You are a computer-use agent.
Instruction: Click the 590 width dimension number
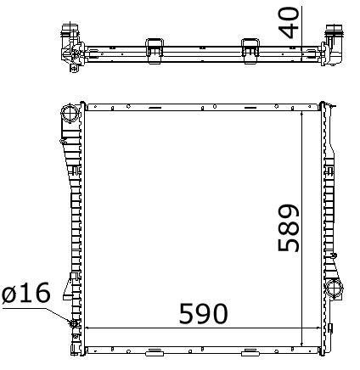click(x=203, y=313)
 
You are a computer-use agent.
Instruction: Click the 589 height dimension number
click(x=289, y=227)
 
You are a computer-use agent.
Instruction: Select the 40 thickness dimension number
click(x=289, y=23)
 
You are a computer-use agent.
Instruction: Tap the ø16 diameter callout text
click(x=26, y=293)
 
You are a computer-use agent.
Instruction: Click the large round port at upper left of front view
click(x=69, y=114)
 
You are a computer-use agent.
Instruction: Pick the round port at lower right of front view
click(x=334, y=288)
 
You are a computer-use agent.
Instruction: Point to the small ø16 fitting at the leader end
click(x=74, y=323)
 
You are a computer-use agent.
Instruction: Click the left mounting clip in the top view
click(x=155, y=51)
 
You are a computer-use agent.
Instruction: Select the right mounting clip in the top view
click(x=250, y=51)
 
